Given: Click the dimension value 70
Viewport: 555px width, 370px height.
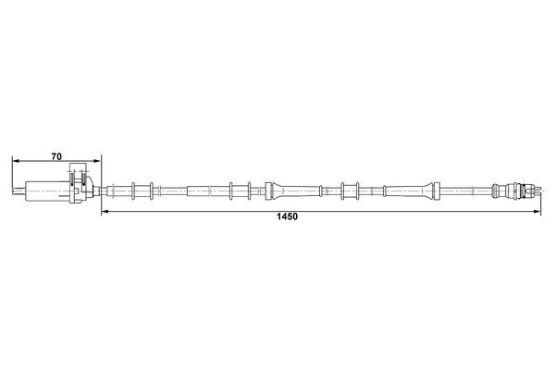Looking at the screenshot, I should pos(56,156).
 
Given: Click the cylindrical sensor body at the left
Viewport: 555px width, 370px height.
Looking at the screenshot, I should pos(43,191).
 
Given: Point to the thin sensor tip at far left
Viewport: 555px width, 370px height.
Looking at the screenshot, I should pos(15,191).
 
